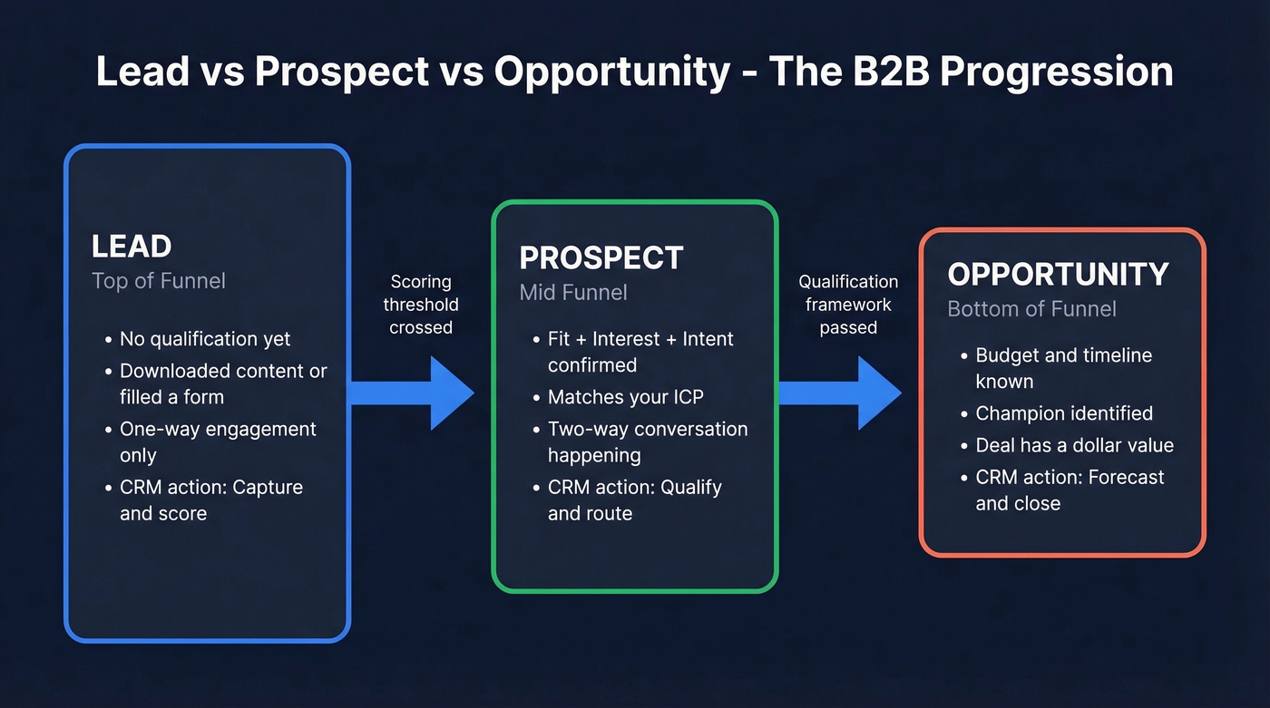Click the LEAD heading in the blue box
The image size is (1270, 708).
pos(132,247)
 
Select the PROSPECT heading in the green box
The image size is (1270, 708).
pos(601,257)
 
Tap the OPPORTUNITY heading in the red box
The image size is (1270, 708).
pos(1058,274)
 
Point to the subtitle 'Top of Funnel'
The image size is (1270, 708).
pos(159,281)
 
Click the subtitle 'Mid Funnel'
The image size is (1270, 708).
pos(573,293)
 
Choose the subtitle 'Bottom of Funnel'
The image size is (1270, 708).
pos(1031,309)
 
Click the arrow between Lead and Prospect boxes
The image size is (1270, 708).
pos(413,393)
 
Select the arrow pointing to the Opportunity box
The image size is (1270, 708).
pos(839,393)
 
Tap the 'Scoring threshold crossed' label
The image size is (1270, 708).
pos(421,305)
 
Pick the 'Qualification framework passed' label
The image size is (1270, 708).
pos(848,305)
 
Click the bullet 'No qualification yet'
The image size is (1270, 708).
pos(205,339)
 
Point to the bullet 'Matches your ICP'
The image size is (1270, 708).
pos(625,397)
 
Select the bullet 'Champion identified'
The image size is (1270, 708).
pos(1064,413)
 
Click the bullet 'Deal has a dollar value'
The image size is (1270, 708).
pos(1074,445)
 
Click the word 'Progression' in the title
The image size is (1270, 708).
pos(1056,72)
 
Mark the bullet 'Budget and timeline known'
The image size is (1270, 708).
pos(1063,367)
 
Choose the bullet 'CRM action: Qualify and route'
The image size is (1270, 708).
pos(634,499)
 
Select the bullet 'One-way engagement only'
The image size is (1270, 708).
pos(218,441)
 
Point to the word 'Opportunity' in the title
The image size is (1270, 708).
pos(611,72)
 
